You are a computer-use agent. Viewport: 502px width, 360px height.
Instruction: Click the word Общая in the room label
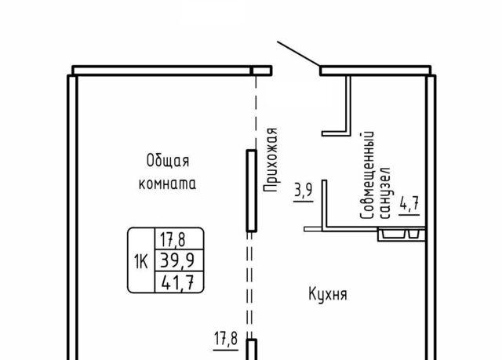[x=168, y=161]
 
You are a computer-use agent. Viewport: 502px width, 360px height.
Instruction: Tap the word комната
[x=167, y=184]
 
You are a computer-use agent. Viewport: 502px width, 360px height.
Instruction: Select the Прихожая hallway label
[x=271, y=160]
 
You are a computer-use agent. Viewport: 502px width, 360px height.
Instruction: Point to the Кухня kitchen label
[x=328, y=294]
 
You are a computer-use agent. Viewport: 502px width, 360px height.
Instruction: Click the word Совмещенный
[x=367, y=175]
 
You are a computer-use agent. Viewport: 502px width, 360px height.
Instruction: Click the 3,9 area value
[x=304, y=191]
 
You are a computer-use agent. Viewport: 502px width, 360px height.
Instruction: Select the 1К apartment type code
[x=141, y=262]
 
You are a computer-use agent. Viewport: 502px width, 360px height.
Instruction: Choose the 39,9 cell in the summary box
[x=177, y=260]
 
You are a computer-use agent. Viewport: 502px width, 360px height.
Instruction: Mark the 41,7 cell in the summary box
[x=178, y=282]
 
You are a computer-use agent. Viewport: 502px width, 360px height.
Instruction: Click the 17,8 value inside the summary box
[x=173, y=240]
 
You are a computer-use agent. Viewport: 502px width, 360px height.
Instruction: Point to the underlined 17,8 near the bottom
[x=226, y=339]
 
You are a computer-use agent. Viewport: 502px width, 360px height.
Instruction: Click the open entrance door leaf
[x=298, y=54]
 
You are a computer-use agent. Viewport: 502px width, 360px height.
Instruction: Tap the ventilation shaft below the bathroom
[x=402, y=235]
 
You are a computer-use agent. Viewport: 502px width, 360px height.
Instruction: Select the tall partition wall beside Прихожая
[x=252, y=191]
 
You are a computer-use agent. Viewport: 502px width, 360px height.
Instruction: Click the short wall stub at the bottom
[x=252, y=350]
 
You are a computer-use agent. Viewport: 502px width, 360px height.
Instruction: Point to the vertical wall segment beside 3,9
[x=324, y=204]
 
